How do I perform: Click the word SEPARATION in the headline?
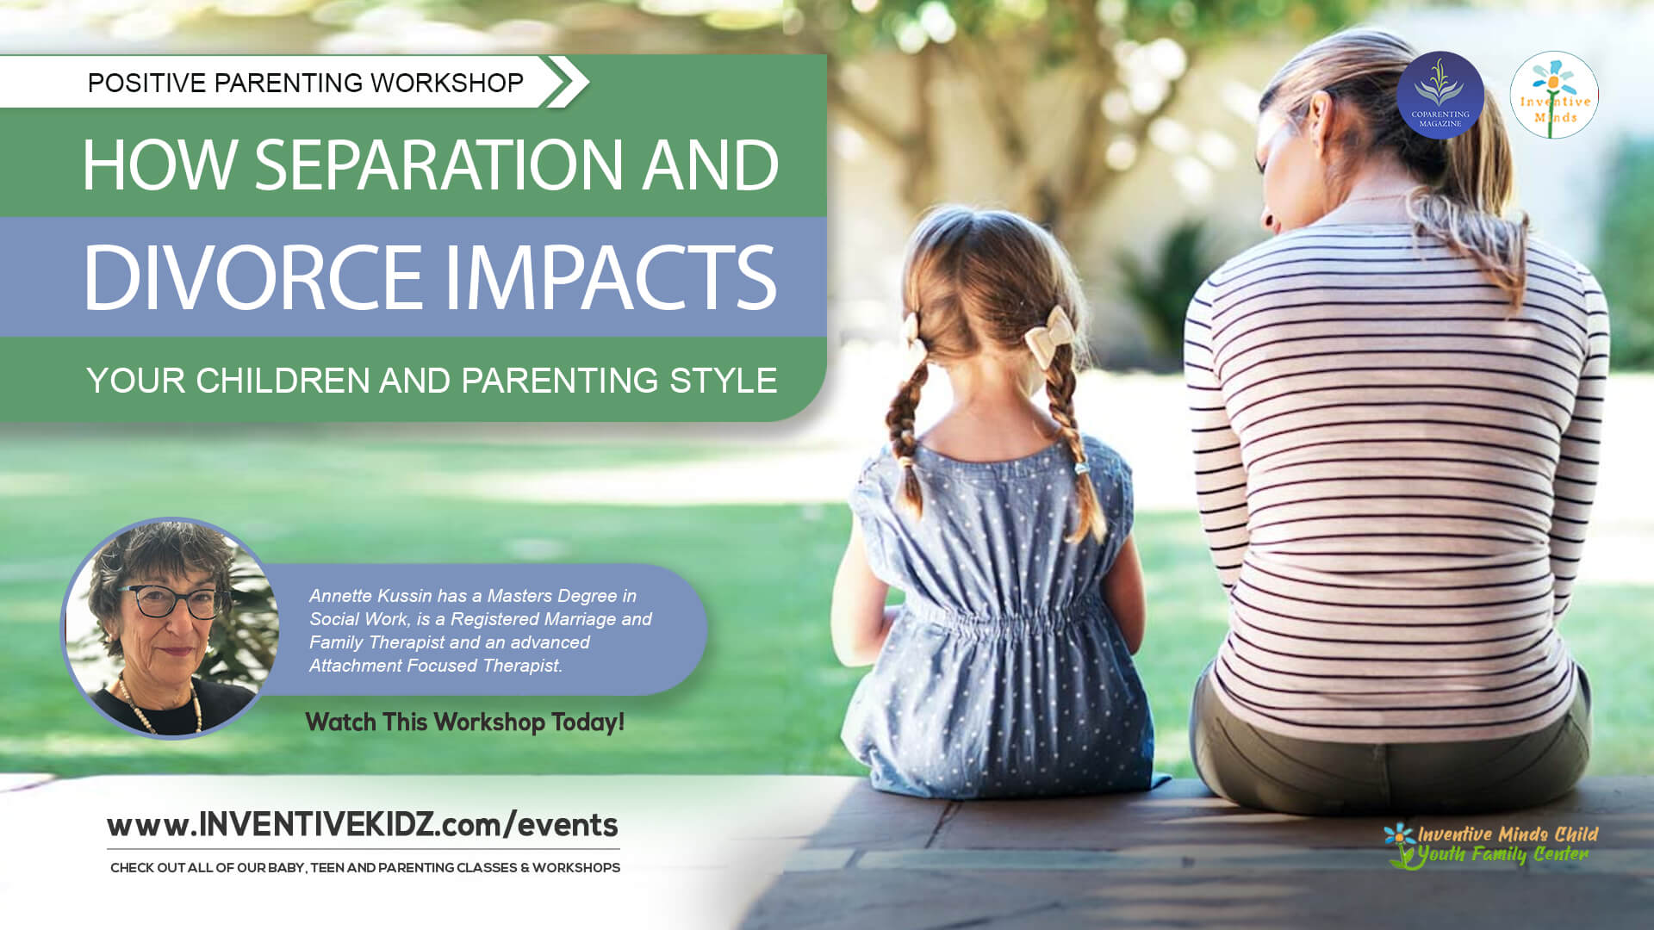(438, 164)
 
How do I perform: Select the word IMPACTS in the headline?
(610, 277)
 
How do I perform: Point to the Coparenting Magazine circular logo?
(1439, 95)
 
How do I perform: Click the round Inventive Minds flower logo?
(1554, 95)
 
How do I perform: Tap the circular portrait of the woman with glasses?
(170, 628)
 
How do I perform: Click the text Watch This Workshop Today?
(464, 722)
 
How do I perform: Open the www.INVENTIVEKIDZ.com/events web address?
(363, 825)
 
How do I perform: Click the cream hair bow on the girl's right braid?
(1049, 337)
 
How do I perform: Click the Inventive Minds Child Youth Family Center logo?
(1489, 845)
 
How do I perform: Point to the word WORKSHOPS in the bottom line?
(576, 867)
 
